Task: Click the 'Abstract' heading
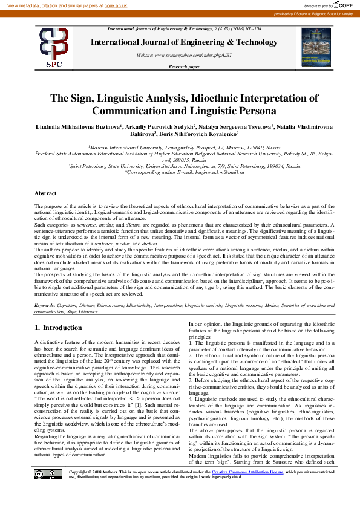(45, 193)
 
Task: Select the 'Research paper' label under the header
(184, 66)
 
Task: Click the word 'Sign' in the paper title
(87, 98)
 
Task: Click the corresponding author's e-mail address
(214, 172)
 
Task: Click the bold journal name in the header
(184, 42)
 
